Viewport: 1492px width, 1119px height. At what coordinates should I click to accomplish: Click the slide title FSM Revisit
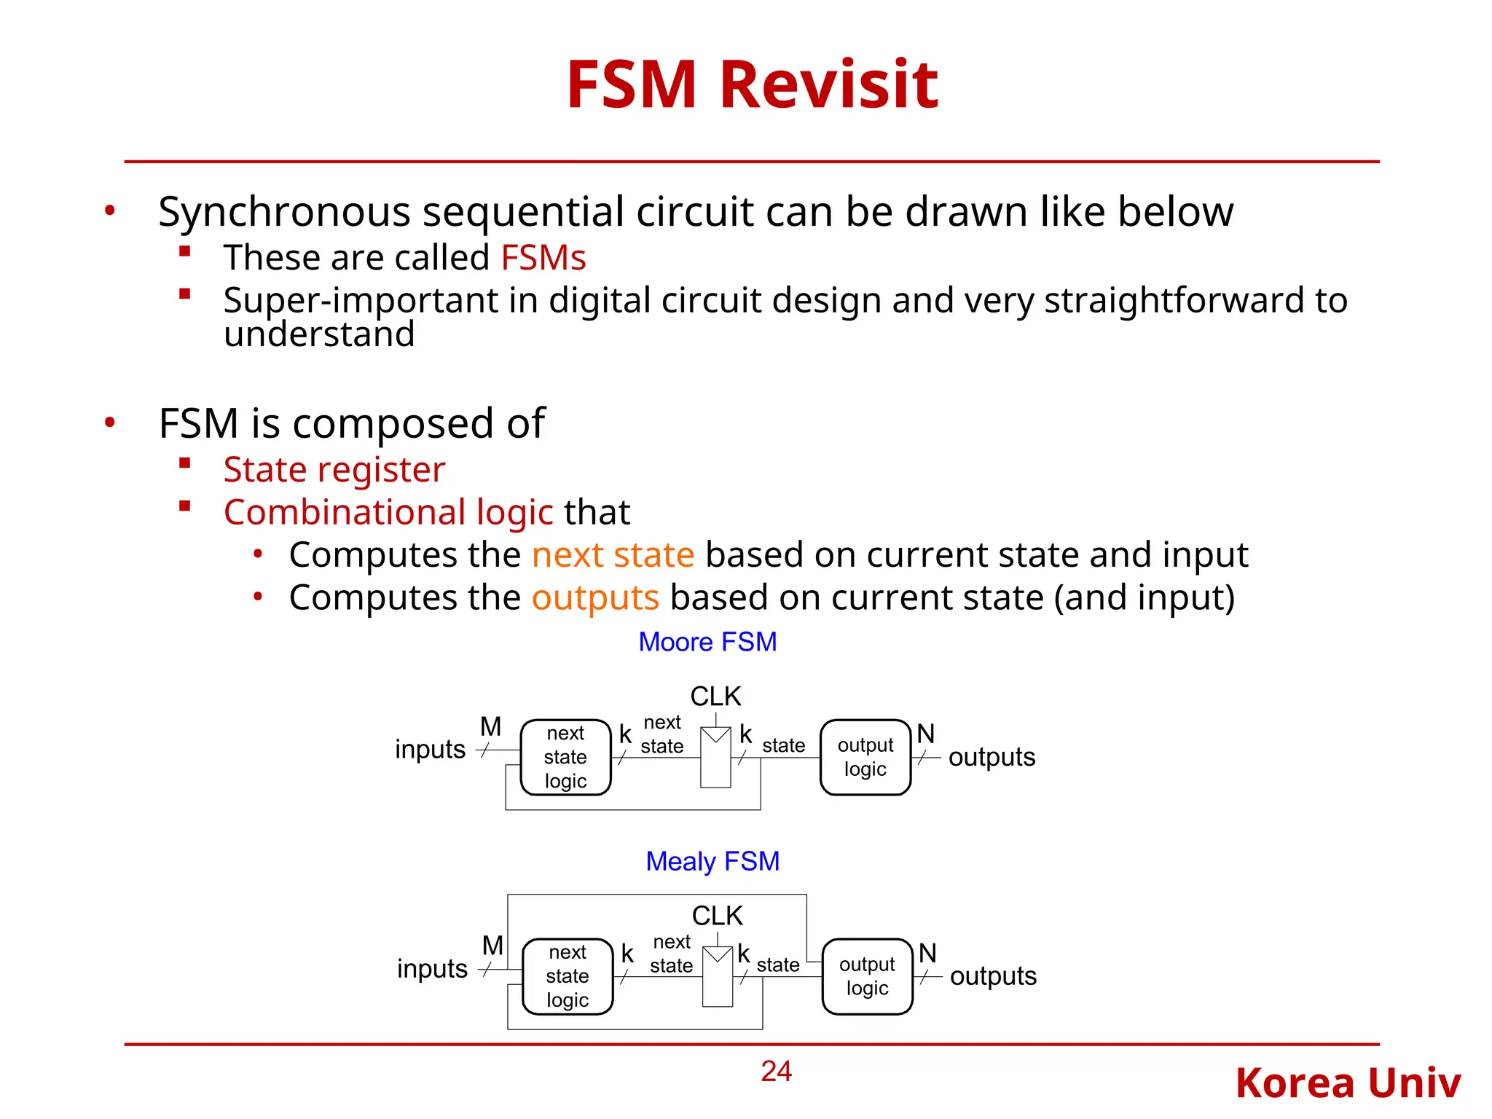coord(752,85)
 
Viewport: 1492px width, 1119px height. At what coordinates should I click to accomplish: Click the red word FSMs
coord(543,258)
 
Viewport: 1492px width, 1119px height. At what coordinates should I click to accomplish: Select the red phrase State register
coord(334,470)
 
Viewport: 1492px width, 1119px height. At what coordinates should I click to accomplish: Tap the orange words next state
coord(613,555)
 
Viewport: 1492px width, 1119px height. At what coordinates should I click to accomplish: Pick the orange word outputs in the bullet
coord(595,598)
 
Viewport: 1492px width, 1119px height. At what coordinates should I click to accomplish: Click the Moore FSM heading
coord(707,642)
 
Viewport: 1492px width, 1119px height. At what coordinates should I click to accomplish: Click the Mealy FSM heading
coord(712,861)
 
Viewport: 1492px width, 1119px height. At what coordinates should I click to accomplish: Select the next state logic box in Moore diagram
coord(565,757)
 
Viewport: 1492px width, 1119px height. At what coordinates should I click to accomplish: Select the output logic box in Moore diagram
coord(865,757)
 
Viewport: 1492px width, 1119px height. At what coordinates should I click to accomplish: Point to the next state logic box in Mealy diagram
coord(568,976)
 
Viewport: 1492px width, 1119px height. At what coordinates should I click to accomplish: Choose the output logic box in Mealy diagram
coord(867,976)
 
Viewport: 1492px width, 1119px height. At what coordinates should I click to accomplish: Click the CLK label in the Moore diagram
coord(715,696)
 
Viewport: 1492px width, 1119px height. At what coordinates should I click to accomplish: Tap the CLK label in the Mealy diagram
coord(717,916)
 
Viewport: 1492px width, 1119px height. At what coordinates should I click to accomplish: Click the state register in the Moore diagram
coord(715,758)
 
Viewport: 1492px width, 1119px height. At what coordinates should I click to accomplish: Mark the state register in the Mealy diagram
coord(718,977)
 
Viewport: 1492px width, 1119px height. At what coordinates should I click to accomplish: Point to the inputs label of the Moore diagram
coord(430,750)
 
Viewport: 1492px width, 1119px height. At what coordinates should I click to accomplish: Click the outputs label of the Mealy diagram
coord(993,976)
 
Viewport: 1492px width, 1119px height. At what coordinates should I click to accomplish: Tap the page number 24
coord(776,1071)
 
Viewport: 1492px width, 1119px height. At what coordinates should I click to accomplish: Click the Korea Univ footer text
coord(1348,1083)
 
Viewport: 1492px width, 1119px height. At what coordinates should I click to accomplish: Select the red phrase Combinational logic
coord(388,513)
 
